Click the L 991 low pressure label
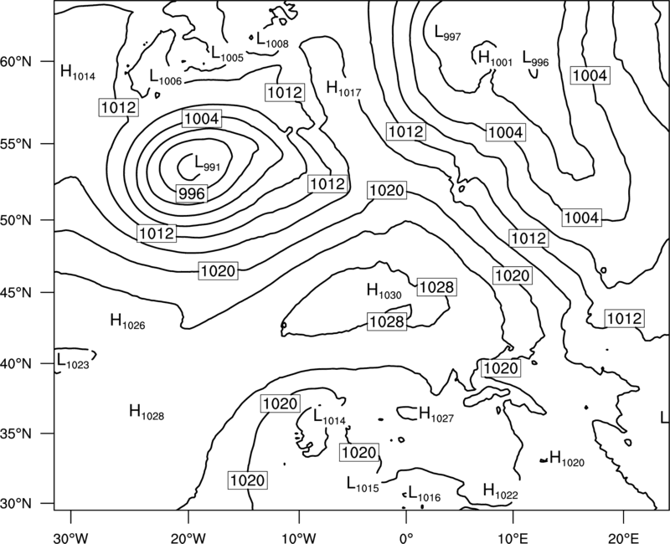[x=207, y=163]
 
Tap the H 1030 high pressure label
[x=384, y=291]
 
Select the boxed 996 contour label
[x=192, y=194]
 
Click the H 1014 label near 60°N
[x=78, y=72]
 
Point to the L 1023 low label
[x=73, y=361]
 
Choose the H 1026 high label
[x=127, y=321]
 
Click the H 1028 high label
[x=146, y=412]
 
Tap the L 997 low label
[x=447, y=33]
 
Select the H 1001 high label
[x=495, y=58]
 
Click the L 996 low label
[x=535, y=58]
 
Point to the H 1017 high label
[x=343, y=89]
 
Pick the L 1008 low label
[x=272, y=39]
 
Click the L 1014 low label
[x=329, y=416]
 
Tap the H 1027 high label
[x=435, y=414]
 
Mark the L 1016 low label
[x=424, y=493]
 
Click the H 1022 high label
[x=500, y=491]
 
